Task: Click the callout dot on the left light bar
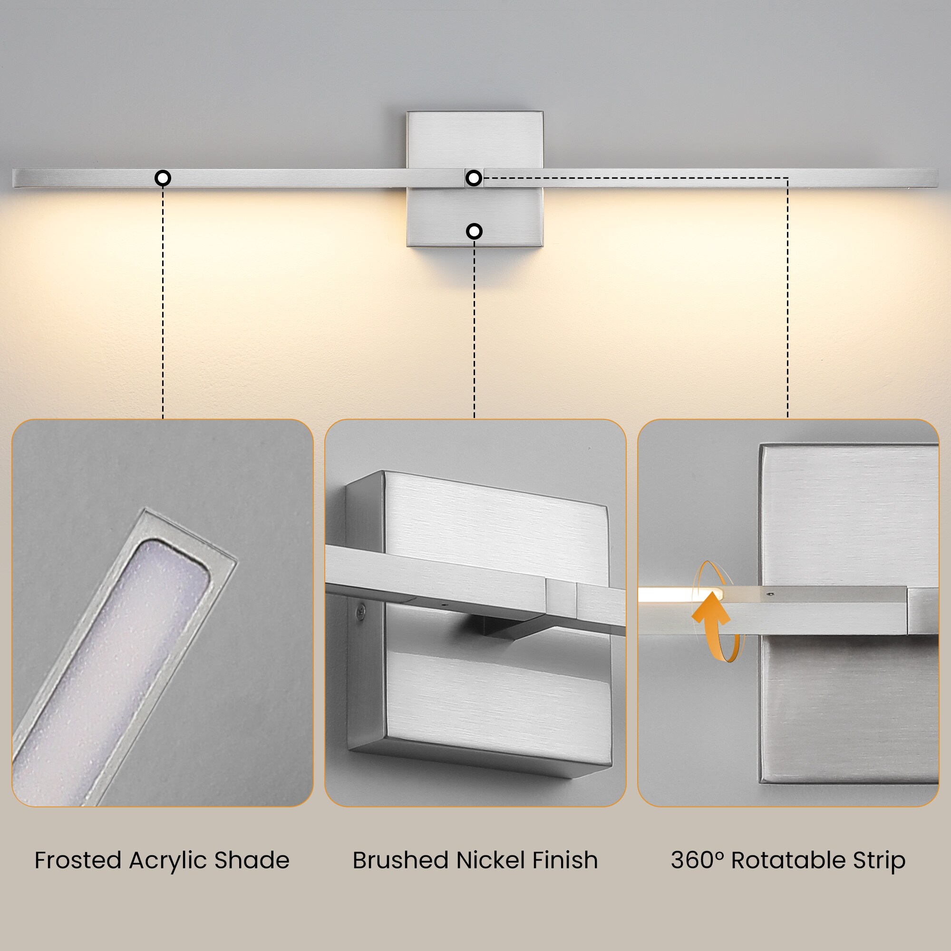[163, 178]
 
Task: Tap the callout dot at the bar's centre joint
[474, 178]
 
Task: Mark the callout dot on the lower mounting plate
[474, 231]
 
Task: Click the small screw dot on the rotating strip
[770, 594]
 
